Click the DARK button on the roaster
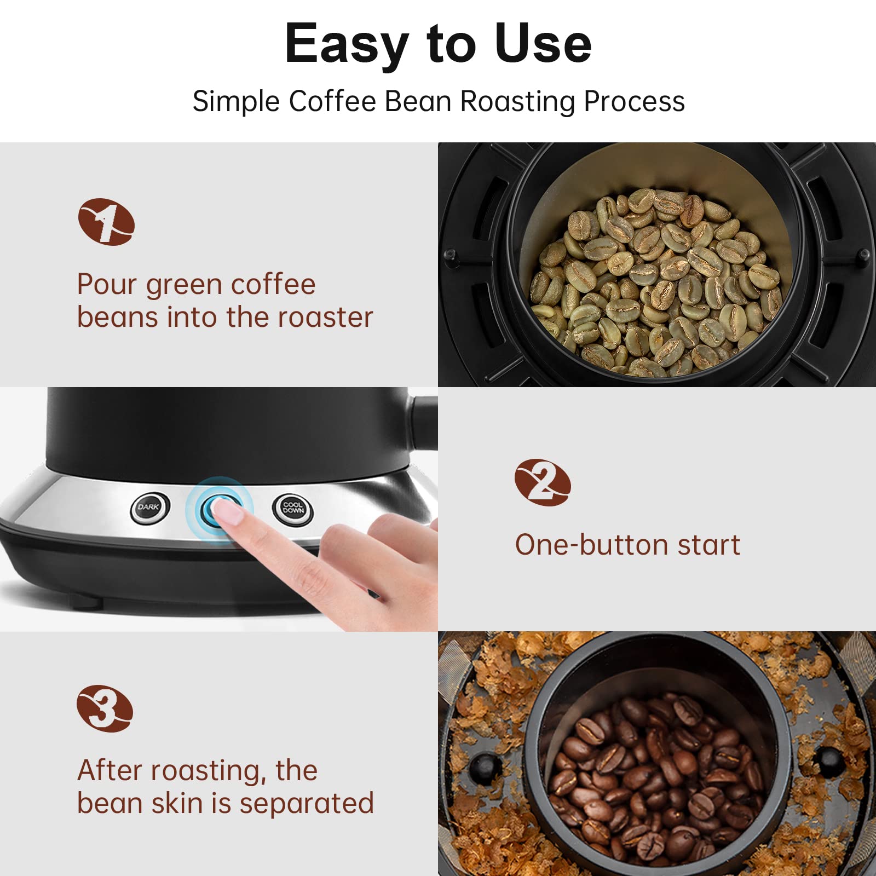point(149,508)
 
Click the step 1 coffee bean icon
point(106,222)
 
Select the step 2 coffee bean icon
point(543,482)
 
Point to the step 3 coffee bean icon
point(105,708)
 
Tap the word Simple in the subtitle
point(237,102)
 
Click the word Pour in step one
point(107,285)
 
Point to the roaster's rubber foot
point(86,602)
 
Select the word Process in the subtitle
point(634,102)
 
